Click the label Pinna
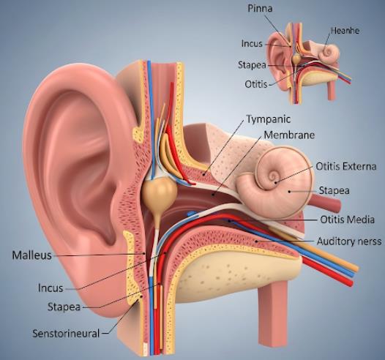pos(260,9)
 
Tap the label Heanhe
pos(345,31)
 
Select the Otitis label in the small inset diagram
pos(256,84)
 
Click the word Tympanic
pos(269,119)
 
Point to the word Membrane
pos(289,135)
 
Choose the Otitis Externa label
pos(346,166)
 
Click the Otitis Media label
pos(347,220)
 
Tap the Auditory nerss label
pos(349,241)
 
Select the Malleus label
pos(31,255)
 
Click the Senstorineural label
pos(66,334)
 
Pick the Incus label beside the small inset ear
pos(252,44)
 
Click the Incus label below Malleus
pos(51,288)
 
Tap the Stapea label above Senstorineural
pos(64,307)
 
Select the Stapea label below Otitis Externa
pos(334,191)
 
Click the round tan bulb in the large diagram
pos(160,192)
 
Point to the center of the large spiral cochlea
pos(273,176)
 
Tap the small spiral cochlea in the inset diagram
pos(329,53)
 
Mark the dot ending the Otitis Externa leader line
pos(275,182)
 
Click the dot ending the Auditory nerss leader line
pos(256,241)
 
